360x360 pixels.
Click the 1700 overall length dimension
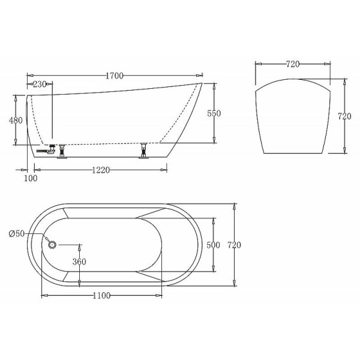click(114, 76)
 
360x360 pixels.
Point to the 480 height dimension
click(16, 120)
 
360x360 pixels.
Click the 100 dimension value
click(31, 178)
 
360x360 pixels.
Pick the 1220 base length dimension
click(100, 170)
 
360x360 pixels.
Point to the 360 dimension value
click(79, 261)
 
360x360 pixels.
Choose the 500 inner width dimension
click(213, 245)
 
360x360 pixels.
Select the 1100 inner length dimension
click(100, 295)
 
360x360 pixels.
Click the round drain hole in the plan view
click(51, 245)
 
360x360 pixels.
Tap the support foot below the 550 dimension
click(143, 151)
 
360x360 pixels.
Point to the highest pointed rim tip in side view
click(201, 83)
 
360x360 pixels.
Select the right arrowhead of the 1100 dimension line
click(161, 295)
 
